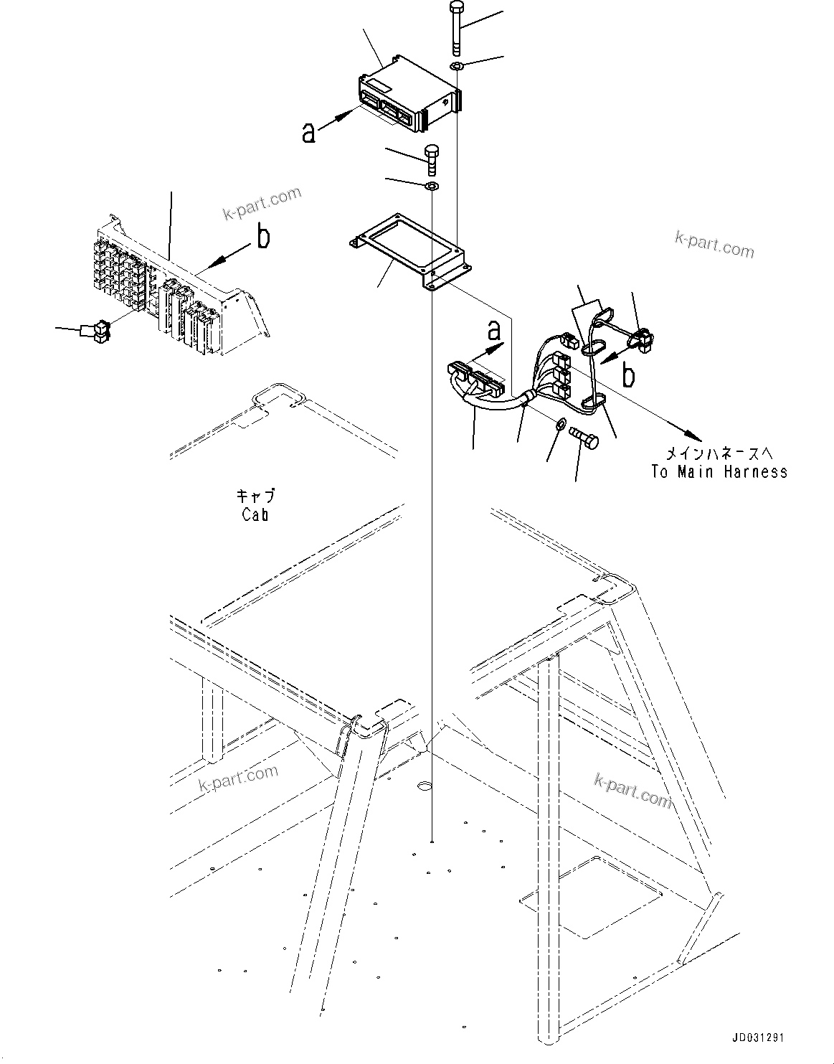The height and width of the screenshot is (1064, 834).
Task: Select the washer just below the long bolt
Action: point(457,67)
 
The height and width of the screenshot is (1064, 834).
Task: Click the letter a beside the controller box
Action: point(309,132)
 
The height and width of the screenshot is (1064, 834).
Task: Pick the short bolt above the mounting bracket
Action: point(432,160)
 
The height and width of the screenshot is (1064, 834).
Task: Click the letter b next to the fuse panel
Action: point(263,237)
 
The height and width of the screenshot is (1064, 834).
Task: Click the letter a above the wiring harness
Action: point(493,331)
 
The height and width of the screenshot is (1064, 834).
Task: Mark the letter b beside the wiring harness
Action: point(628,375)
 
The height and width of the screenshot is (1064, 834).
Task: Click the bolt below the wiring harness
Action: point(585,438)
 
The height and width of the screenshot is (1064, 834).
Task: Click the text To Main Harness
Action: point(719,471)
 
